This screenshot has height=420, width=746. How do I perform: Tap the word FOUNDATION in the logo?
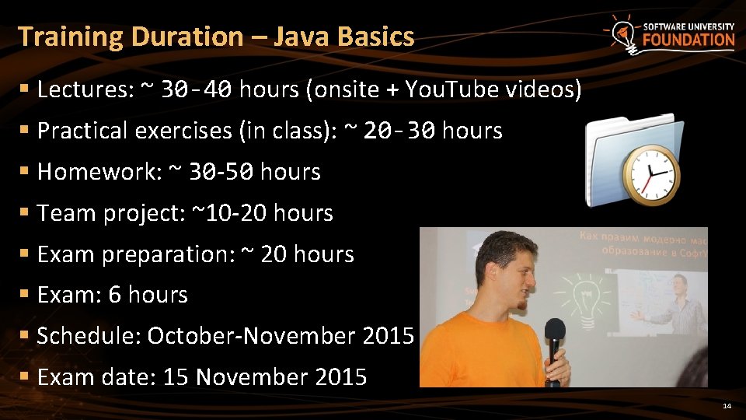tap(688, 40)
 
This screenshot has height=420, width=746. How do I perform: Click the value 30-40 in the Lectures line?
tap(196, 91)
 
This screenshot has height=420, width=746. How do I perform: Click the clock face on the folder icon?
tap(652, 173)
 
